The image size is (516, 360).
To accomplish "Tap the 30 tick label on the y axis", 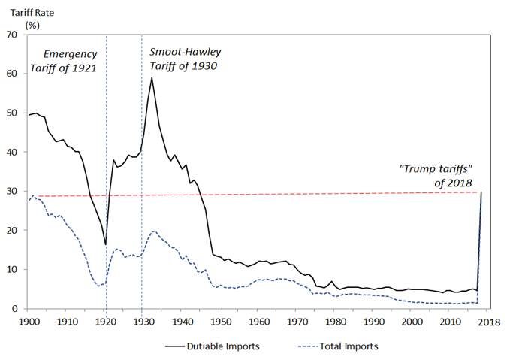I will [x=14, y=192].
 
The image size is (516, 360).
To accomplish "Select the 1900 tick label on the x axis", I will [x=29, y=322].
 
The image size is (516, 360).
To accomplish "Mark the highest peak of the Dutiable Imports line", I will [x=152, y=77].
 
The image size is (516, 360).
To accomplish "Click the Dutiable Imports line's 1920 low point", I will [x=105, y=244].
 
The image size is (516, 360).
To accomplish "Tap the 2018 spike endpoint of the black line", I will [x=481, y=192].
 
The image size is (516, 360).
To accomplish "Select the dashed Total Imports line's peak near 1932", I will [x=153, y=231].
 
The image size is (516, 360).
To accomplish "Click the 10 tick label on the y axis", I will [x=14, y=270].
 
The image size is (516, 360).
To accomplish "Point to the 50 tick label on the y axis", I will [x=14, y=113].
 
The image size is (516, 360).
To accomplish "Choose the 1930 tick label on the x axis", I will [x=143, y=322].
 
